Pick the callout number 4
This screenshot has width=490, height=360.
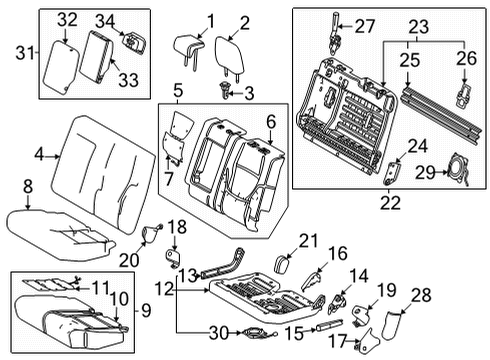pos(39,154)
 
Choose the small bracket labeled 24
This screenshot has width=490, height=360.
pos(391,171)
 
